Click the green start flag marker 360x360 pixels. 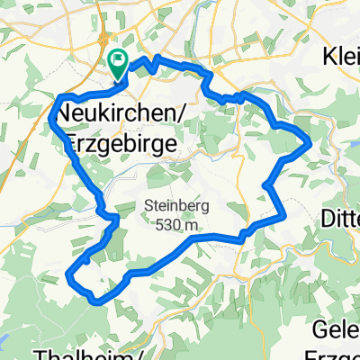pos(118,60)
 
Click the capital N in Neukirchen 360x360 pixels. pos(64,114)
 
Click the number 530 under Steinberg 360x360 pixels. pos(165,223)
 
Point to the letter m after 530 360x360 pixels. pos(190,223)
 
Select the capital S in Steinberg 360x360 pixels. pos(147,205)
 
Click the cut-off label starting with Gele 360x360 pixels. pos(337,327)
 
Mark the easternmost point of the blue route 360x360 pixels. pos(310,141)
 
